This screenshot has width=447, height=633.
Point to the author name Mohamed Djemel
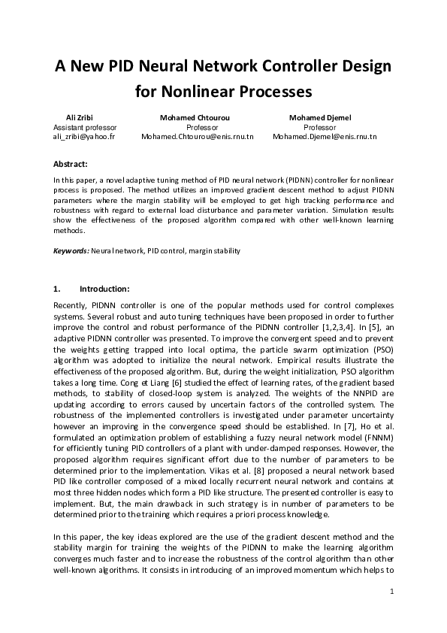click(x=320, y=118)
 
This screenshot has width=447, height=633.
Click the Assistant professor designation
click(x=85, y=128)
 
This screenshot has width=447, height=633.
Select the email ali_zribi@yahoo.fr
click(x=84, y=138)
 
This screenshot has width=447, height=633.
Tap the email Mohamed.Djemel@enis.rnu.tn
click(x=325, y=138)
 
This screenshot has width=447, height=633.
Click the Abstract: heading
click(x=71, y=163)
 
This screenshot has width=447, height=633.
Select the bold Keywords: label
click(x=71, y=249)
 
